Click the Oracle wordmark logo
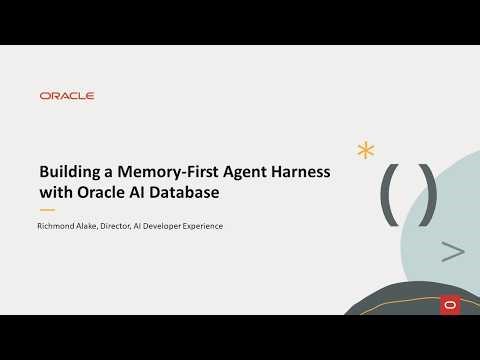tap(67, 96)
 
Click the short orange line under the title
tap(46, 210)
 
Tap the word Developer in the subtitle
tap(172, 226)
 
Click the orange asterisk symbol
tap(366, 151)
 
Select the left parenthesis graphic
tap(388, 193)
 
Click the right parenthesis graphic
tap(427, 193)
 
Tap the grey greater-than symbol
tap(452, 252)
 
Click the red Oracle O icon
tap(449, 304)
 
